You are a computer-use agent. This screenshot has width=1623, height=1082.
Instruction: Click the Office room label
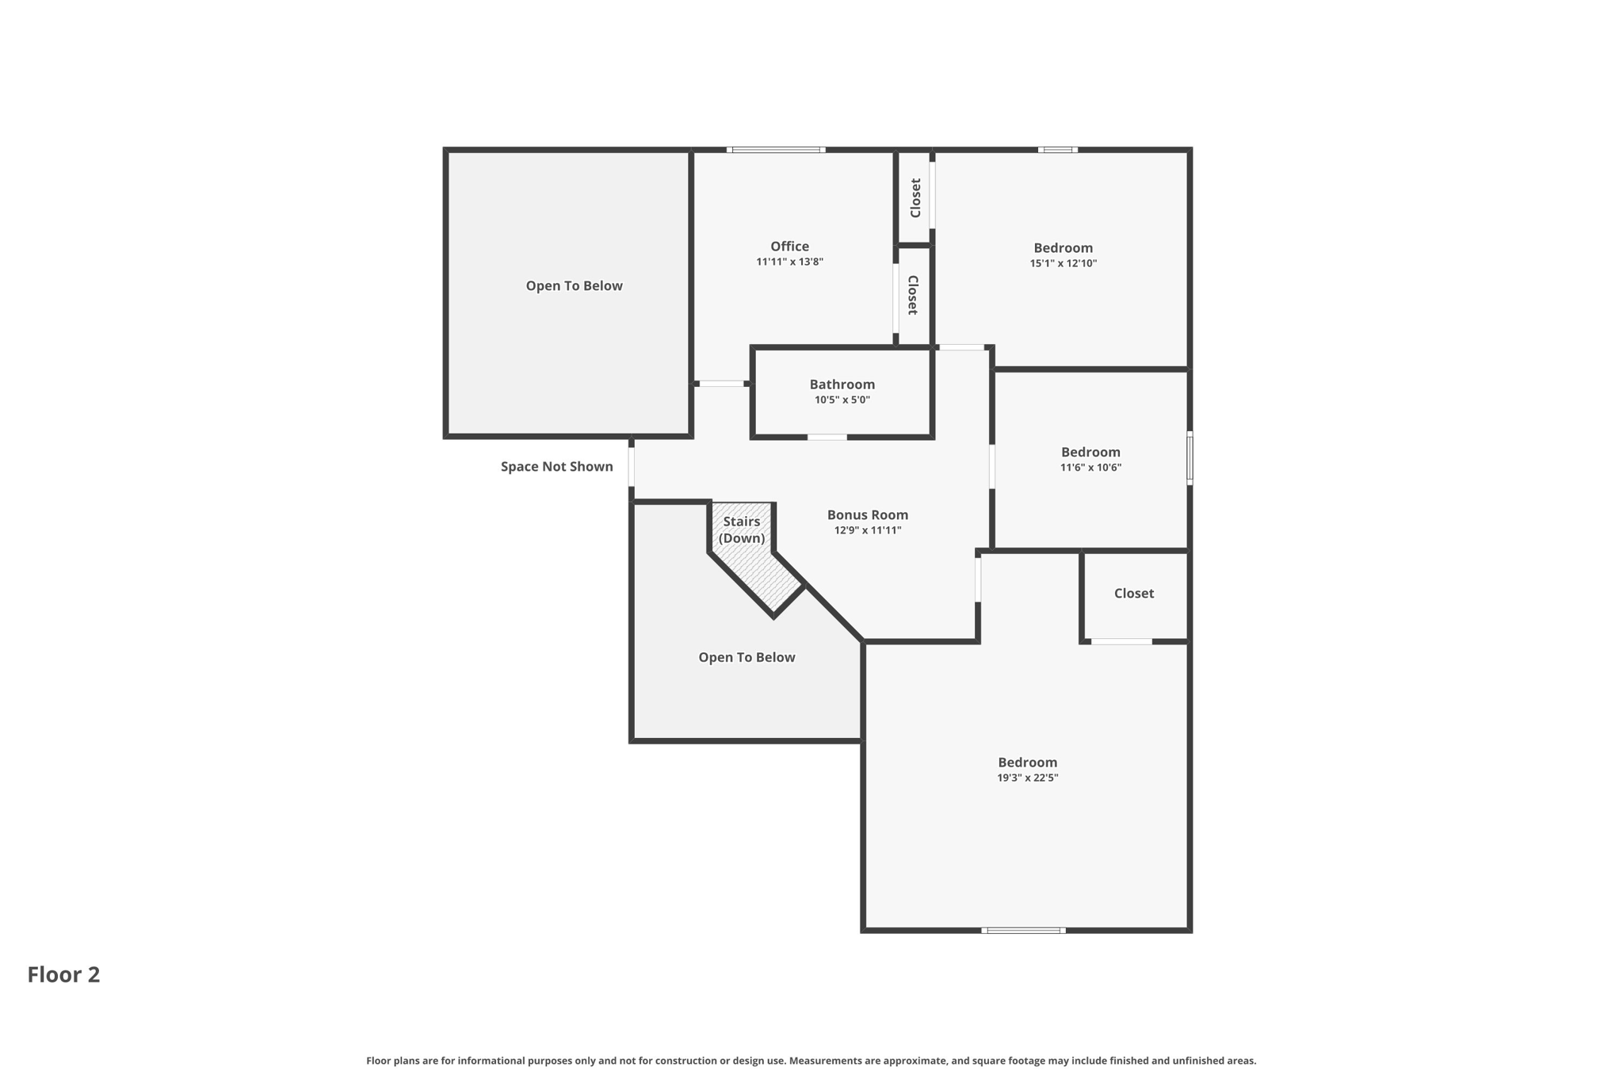pos(789,247)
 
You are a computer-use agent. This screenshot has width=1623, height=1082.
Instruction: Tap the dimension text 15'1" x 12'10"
pos(1063,264)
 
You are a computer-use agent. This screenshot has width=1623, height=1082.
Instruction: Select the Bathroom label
pos(842,384)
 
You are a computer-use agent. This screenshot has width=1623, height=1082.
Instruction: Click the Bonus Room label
pos(867,515)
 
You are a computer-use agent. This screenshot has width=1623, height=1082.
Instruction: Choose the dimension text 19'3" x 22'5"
pos(1027,778)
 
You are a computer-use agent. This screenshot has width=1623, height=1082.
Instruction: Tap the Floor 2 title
pos(63,975)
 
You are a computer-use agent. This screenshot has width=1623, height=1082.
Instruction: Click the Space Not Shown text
pos(556,467)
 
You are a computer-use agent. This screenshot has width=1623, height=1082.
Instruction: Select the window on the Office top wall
pos(776,150)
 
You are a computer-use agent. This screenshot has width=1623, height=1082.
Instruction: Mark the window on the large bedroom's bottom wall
pos(1023,931)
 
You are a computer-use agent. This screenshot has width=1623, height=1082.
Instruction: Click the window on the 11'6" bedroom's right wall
pos(1189,457)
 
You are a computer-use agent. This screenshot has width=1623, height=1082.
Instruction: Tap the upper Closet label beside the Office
pos(915,197)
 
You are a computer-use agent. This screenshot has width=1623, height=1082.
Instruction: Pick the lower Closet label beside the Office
pos(913,295)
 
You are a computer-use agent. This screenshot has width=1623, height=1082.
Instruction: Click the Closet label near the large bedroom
pos(1133,594)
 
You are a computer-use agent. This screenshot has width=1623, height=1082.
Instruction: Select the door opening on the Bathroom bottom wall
pos(827,438)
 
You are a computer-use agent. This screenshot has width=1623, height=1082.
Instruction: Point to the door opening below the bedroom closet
pos(1121,641)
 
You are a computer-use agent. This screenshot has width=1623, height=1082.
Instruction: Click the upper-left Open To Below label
pos(574,286)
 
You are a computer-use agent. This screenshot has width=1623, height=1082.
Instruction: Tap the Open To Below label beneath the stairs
pos(746,658)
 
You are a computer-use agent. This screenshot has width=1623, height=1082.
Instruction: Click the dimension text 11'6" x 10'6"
pos(1090,468)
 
